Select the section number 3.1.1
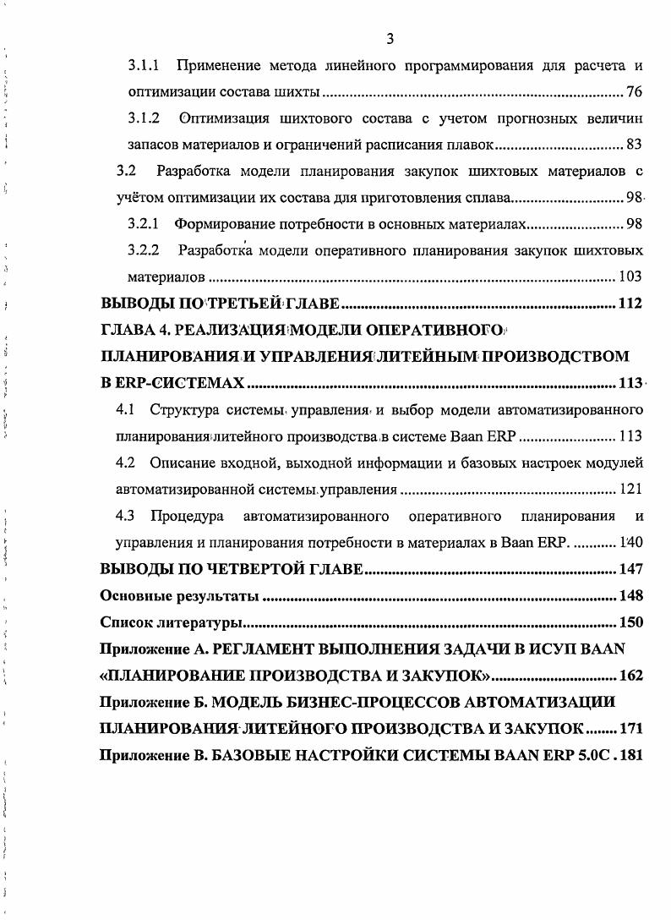[144, 65]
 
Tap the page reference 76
[636, 91]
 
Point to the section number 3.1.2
[144, 118]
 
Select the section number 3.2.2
[144, 250]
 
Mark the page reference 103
[630, 277]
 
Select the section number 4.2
[126, 463]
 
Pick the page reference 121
[630, 490]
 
